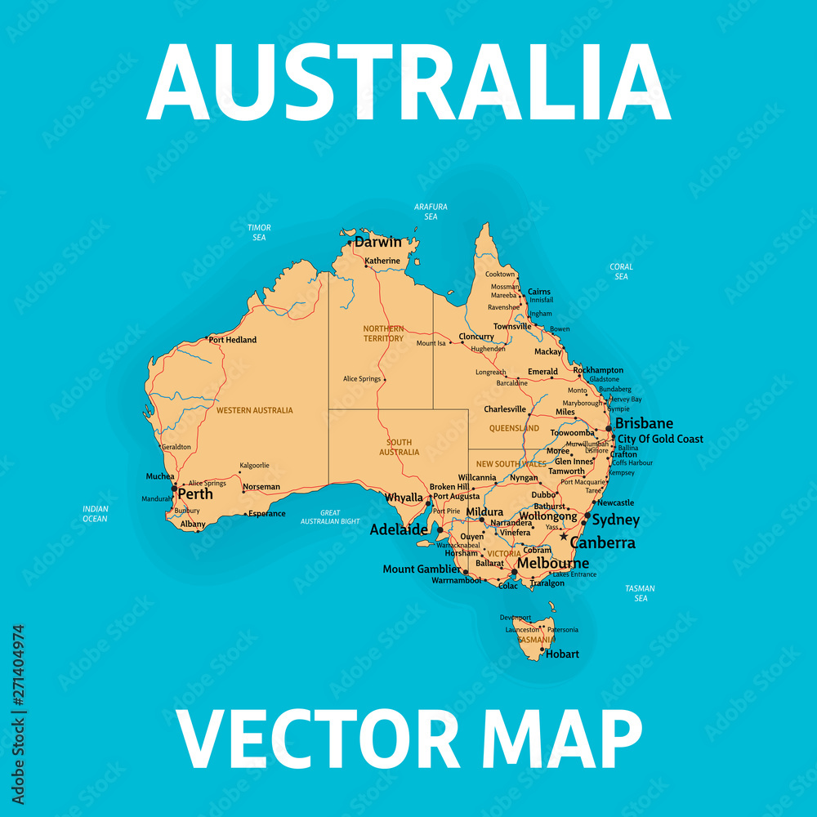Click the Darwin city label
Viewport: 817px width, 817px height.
pyautogui.click(x=378, y=242)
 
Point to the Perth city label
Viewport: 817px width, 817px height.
pyautogui.click(x=195, y=494)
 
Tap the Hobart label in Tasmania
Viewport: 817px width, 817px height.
pyautogui.click(x=562, y=654)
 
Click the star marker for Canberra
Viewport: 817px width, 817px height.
pyautogui.click(x=564, y=537)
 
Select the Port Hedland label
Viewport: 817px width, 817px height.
pyautogui.click(x=233, y=340)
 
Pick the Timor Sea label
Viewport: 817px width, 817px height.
pyautogui.click(x=259, y=233)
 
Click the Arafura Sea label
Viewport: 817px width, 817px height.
pyautogui.click(x=431, y=212)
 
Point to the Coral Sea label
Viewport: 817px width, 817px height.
pyautogui.click(x=621, y=271)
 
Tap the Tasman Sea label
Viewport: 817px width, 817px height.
pyautogui.click(x=641, y=593)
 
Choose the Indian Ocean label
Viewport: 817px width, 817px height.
pyautogui.click(x=95, y=513)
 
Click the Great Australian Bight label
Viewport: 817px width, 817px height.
pyautogui.click(x=330, y=517)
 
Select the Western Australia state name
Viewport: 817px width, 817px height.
pyautogui.click(x=254, y=410)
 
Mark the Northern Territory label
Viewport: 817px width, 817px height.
pyautogui.click(x=383, y=333)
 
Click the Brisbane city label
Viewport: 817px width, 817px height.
pyautogui.click(x=644, y=423)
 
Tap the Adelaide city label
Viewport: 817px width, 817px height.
pyautogui.click(x=399, y=529)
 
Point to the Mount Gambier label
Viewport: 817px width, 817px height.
pyautogui.click(x=422, y=569)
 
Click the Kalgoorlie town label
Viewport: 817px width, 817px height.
pyautogui.click(x=254, y=466)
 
